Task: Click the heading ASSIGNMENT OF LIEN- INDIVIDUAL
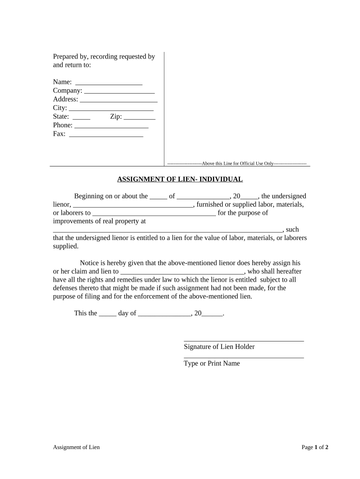(180, 179)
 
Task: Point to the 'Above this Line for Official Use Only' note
(237, 164)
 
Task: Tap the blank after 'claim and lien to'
(182, 272)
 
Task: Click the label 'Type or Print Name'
(212, 363)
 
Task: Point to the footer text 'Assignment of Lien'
(76, 447)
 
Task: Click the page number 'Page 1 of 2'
(315, 447)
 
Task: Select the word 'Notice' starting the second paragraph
(90, 263)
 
